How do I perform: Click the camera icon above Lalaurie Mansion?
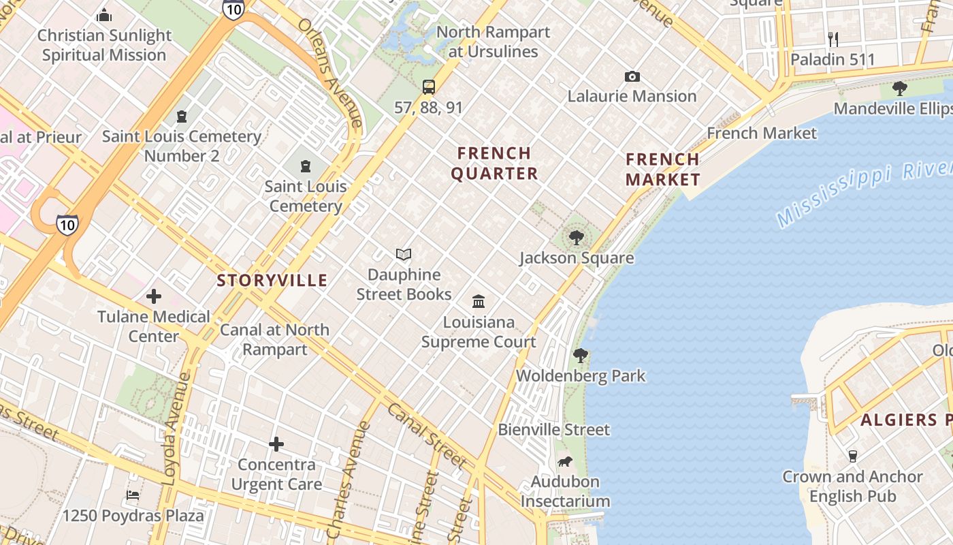pyautogui.click(x=632, y=76)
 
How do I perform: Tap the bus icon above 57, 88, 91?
pyautogui.click(x=429, y=87)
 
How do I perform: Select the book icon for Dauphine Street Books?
pyautogui.click(x=404, y=255)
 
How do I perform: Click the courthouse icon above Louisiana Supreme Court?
pyautogui.click(x=479, y=301)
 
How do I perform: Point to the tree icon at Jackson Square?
pyautogui.click(x=577, y=238)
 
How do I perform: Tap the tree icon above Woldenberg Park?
pyautogui.click(x=581, y=356)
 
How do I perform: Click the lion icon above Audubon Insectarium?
pyautogui.click(x=564, y=462)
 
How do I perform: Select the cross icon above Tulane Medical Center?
pyautogui.click(x=154, y=296)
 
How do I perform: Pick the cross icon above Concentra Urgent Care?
pyautogui.click(x=276, y=444)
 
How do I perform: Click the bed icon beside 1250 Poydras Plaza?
pyautogui.click(x=133, y=495)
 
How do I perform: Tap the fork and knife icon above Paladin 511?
pyautogui.click(x=833, y=40)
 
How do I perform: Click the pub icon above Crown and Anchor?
pyautogui.click(x=852, y=456)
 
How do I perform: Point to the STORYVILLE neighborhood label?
pyautogui.click(x=272, y=280)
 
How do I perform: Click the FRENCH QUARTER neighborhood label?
pyautogui.click(x=494, y=163)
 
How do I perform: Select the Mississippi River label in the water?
pyautogui.click(x=865, y=193)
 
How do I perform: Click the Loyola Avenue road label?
pyautogui.click(x=176, y=429)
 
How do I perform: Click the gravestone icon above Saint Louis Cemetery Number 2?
pyautogui.click(x=182, y=116)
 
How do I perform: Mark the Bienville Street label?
pyautogui.click(x=554, y=430)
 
